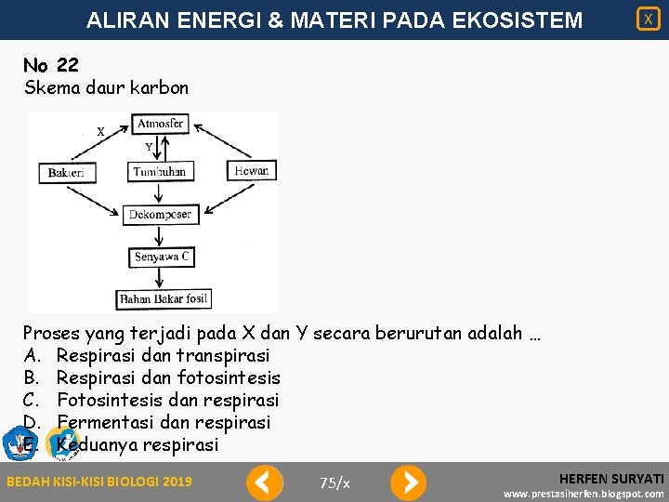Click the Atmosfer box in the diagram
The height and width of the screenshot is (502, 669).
pyautogui.click(x=161, y=124)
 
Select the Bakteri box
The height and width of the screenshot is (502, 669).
pyautogui.click(x=66, y=172)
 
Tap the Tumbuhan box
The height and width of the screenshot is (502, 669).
pyautogui.click(x=160, y=172)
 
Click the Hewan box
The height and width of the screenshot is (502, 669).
pyautogui.click(x=251, y=170)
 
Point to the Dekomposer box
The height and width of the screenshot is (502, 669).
pyautogui.click(x=161, y=215)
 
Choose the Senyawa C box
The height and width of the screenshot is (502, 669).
pyautogui.click(x=162, y=258)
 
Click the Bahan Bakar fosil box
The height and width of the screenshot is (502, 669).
pyautogui.click(x=164, y=299)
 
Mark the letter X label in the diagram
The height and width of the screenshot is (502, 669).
pyautogui.click(x=100, y=132)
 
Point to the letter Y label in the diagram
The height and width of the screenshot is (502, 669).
pyautogui.click(x=149, y=146)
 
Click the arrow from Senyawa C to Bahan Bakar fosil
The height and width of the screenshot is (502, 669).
pyautogui.click(x=162, y=279)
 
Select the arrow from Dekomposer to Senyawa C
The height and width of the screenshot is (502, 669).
pyautogui.click(x=162, y=236)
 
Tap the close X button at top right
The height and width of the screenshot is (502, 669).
pyautogui.click(x=648, y=19)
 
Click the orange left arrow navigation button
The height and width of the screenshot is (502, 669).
pyautogui.click(x=265, y=482)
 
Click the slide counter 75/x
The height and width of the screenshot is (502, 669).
pyautogui.click(x=334, y=482)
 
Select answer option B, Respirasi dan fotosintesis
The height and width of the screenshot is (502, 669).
pyautogui.click(x=167, y=377)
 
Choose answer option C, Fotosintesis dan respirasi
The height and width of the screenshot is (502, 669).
pyautogui.click(x=167, y=400)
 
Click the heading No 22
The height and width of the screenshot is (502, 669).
pyautogui.click(x=51, y=65)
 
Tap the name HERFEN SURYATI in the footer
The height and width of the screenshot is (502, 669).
pyautogui.click(x=611, y=477)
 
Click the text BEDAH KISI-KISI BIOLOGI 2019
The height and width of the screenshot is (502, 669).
pyautogui.click(x=99, y=482)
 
